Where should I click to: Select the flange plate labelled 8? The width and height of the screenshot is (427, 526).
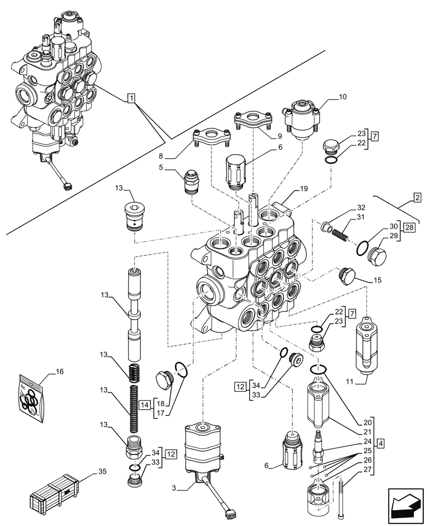(x=212, y=137)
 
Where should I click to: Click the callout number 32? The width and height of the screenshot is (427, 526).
(x=361, y=207)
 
